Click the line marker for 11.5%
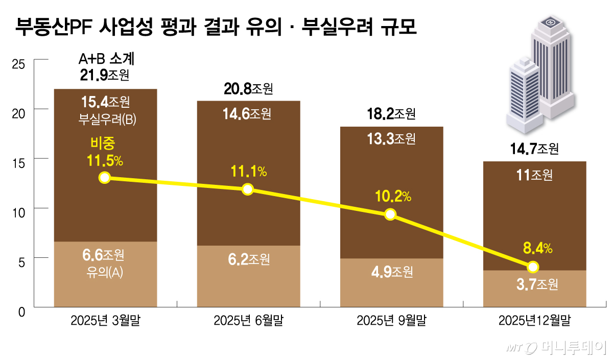click(x=105, y=178)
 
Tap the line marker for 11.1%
click(x=248, y=189)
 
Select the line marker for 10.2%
click(x=390, y=214)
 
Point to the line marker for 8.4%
click(x=533, y=267)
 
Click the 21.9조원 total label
click(x=105, y=76)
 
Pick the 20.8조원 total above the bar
click(x=248, y=89)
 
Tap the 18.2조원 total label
click(x=391, y=113)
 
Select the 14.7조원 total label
click(x=534, y=149)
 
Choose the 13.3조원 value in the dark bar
click(x=391, y=138)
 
